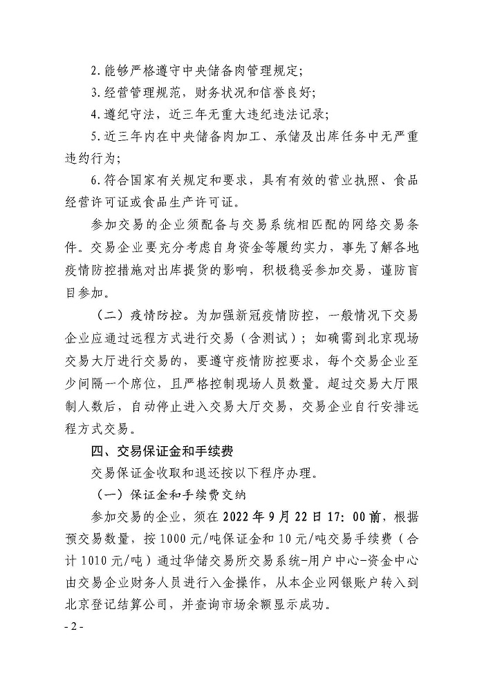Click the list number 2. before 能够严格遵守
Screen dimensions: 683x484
pyautogui.click(x=95, y=70)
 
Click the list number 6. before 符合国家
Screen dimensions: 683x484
pyautogui.click(x=95, y=182)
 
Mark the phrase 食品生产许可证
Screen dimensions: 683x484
pyautogui.click(x=194, y=202)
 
